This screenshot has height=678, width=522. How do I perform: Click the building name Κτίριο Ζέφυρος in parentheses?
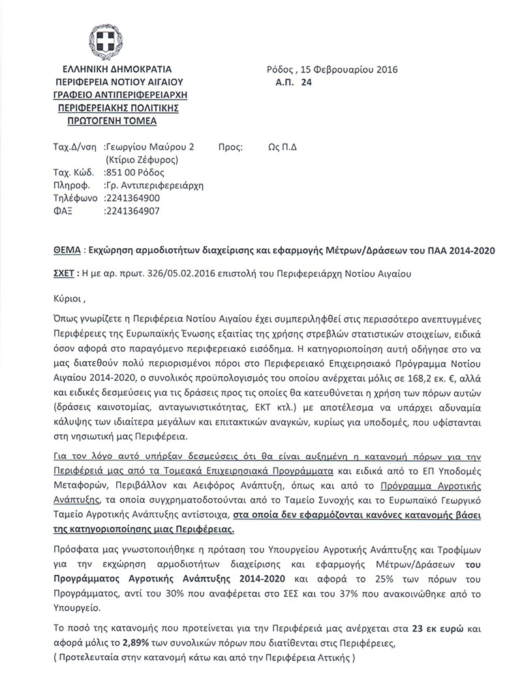pyautogui.click(x=141, y=159)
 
